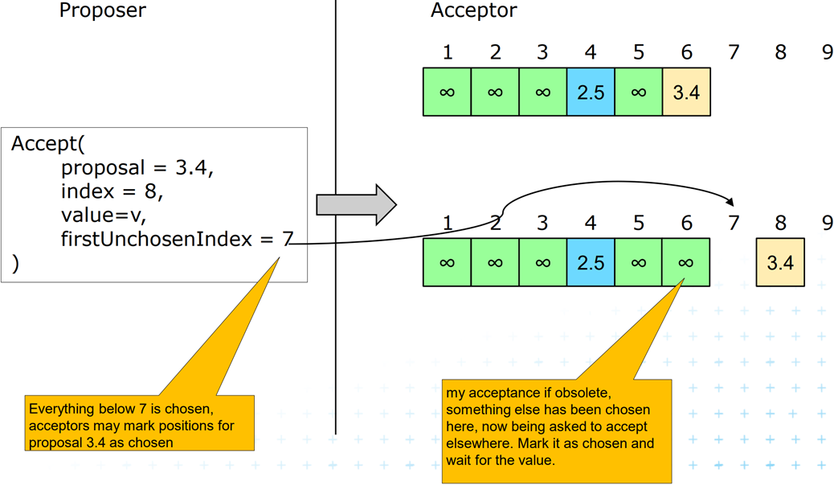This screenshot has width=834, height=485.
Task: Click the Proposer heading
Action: click(x=102, y=10)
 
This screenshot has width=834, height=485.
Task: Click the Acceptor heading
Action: click(x=473, y=10)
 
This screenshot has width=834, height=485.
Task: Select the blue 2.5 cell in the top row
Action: click(x=591, y=92)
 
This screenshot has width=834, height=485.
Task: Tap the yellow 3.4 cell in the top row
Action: click(x=686, y=92)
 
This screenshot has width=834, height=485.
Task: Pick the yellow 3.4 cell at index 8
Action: click(x=780, y=262)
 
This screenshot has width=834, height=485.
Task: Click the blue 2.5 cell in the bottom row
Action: click(x=591, y=262)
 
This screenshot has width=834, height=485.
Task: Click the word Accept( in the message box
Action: click(x=47, y=145)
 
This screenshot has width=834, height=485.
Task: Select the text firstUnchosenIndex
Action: click(x=157, y=239)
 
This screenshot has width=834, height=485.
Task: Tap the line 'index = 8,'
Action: click(x=112, y=192)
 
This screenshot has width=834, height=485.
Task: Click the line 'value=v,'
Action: click(x=104, y=216)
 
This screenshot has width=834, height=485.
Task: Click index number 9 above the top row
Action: click(x=827, y=52)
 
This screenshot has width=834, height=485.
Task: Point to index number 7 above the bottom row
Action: click(x=733, y=223)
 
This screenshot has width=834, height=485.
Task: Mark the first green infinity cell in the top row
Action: click(x=447, y=92)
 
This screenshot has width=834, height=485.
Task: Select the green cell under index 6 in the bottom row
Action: click(x=686, y=262)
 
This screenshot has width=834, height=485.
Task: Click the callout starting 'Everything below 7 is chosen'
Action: click(x=140, y=425)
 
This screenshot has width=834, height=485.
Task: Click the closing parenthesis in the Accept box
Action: click(x=16, y=263)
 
